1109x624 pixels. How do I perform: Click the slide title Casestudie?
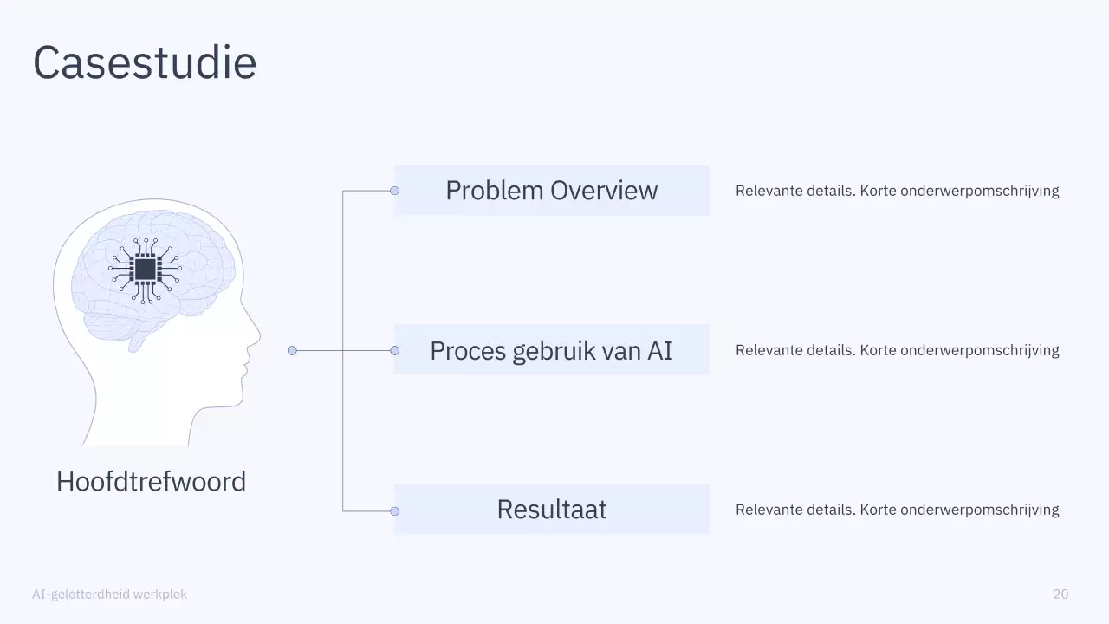point(145,63)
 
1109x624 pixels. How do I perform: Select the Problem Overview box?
point(552,191)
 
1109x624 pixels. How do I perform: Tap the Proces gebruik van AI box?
point(552,351)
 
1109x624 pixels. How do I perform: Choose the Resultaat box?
point(552,510)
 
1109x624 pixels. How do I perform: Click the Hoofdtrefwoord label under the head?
point(151,482)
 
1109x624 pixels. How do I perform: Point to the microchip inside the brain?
point(145,269)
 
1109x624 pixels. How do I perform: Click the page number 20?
point(1060,595)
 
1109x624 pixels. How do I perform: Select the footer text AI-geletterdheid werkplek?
point(109,595)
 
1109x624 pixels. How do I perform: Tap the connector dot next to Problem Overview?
point(394,191)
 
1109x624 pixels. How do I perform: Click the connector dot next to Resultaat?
point(394,511)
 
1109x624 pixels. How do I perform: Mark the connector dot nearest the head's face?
point(292,351)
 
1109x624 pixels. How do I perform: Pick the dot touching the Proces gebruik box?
point(394,351)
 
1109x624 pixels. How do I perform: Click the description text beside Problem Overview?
point(897,191)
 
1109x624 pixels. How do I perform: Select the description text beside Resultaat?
point(897,510)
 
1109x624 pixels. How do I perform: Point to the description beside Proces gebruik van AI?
point(897,351)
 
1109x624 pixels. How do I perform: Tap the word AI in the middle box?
point(659,351)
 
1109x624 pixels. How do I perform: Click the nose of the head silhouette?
point(257,334)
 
